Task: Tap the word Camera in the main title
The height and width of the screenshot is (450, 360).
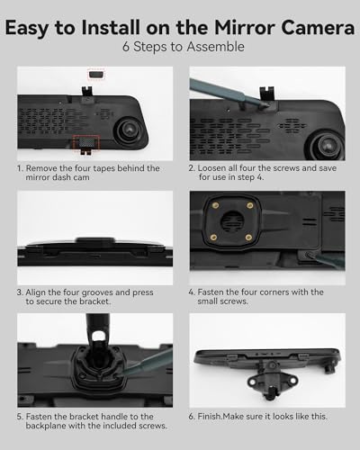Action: tap(318, 28)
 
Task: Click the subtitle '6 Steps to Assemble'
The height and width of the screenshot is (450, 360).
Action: tap(184, 47)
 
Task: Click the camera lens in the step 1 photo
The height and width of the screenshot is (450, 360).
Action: tap(130, 130)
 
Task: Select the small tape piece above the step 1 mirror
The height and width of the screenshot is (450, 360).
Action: tap(96, 74)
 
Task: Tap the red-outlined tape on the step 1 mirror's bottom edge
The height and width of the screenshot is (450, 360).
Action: tap(85, 142)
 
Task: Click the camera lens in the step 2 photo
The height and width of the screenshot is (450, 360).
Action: tap(327, 144)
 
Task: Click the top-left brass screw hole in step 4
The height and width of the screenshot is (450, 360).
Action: tap(215, 206)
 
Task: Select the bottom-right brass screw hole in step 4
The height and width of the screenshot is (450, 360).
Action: tap(248, 238)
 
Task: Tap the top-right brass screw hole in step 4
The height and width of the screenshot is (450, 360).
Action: tap(250, 205)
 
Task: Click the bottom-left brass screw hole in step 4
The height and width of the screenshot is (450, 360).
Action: tap(213, 238)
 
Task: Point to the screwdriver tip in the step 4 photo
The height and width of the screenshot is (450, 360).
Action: tap(309, 256)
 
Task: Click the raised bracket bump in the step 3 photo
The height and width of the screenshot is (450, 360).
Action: tap(95, 240)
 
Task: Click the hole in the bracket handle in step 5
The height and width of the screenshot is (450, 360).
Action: tap(98, 337)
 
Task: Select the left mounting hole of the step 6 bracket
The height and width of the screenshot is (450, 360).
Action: tap(252, 382)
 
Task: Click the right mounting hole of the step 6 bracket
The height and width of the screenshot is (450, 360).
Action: tap(292, 381)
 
